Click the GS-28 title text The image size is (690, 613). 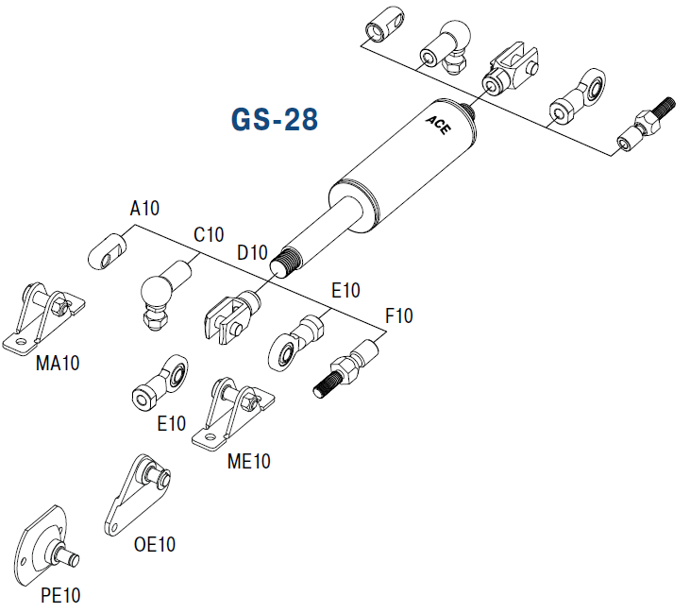[x=273, y=120]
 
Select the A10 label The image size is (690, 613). [x=144, y=208]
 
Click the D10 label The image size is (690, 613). [x=253, y=253]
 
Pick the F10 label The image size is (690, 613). [x=397, y=316]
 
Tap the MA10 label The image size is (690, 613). [x=58, y=365]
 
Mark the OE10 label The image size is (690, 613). [x=154, y=545]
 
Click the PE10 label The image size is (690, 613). [x=60, y=596]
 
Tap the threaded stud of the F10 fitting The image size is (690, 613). [x=326, y=383]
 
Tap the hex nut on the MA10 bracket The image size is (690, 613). [x=57, y=305]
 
